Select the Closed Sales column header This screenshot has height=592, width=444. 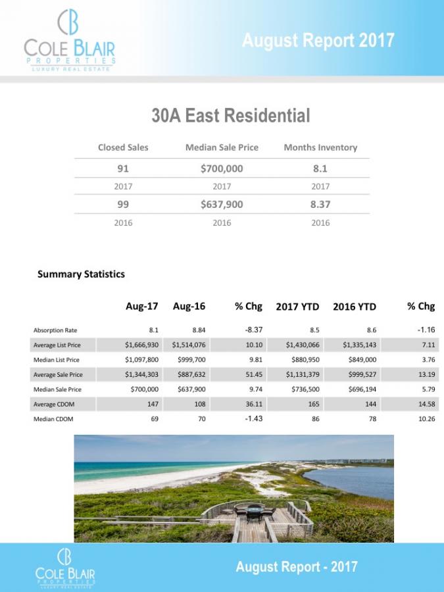(123, 147)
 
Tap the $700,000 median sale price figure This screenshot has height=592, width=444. (222, 168)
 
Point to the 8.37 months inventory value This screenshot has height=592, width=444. (320, 205)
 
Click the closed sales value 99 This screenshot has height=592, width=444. (123, 205)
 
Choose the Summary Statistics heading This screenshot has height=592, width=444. (81, 274)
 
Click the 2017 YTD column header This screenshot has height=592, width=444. (297, 307)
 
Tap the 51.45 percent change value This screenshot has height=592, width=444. (253, 374)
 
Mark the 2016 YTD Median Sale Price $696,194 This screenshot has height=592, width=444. (358, 389)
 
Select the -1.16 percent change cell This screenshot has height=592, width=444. (424, 330)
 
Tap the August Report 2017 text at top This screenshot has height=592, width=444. (318, 41)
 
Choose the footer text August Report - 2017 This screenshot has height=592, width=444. (297, 566)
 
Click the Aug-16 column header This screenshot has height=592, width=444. (189, 307)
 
